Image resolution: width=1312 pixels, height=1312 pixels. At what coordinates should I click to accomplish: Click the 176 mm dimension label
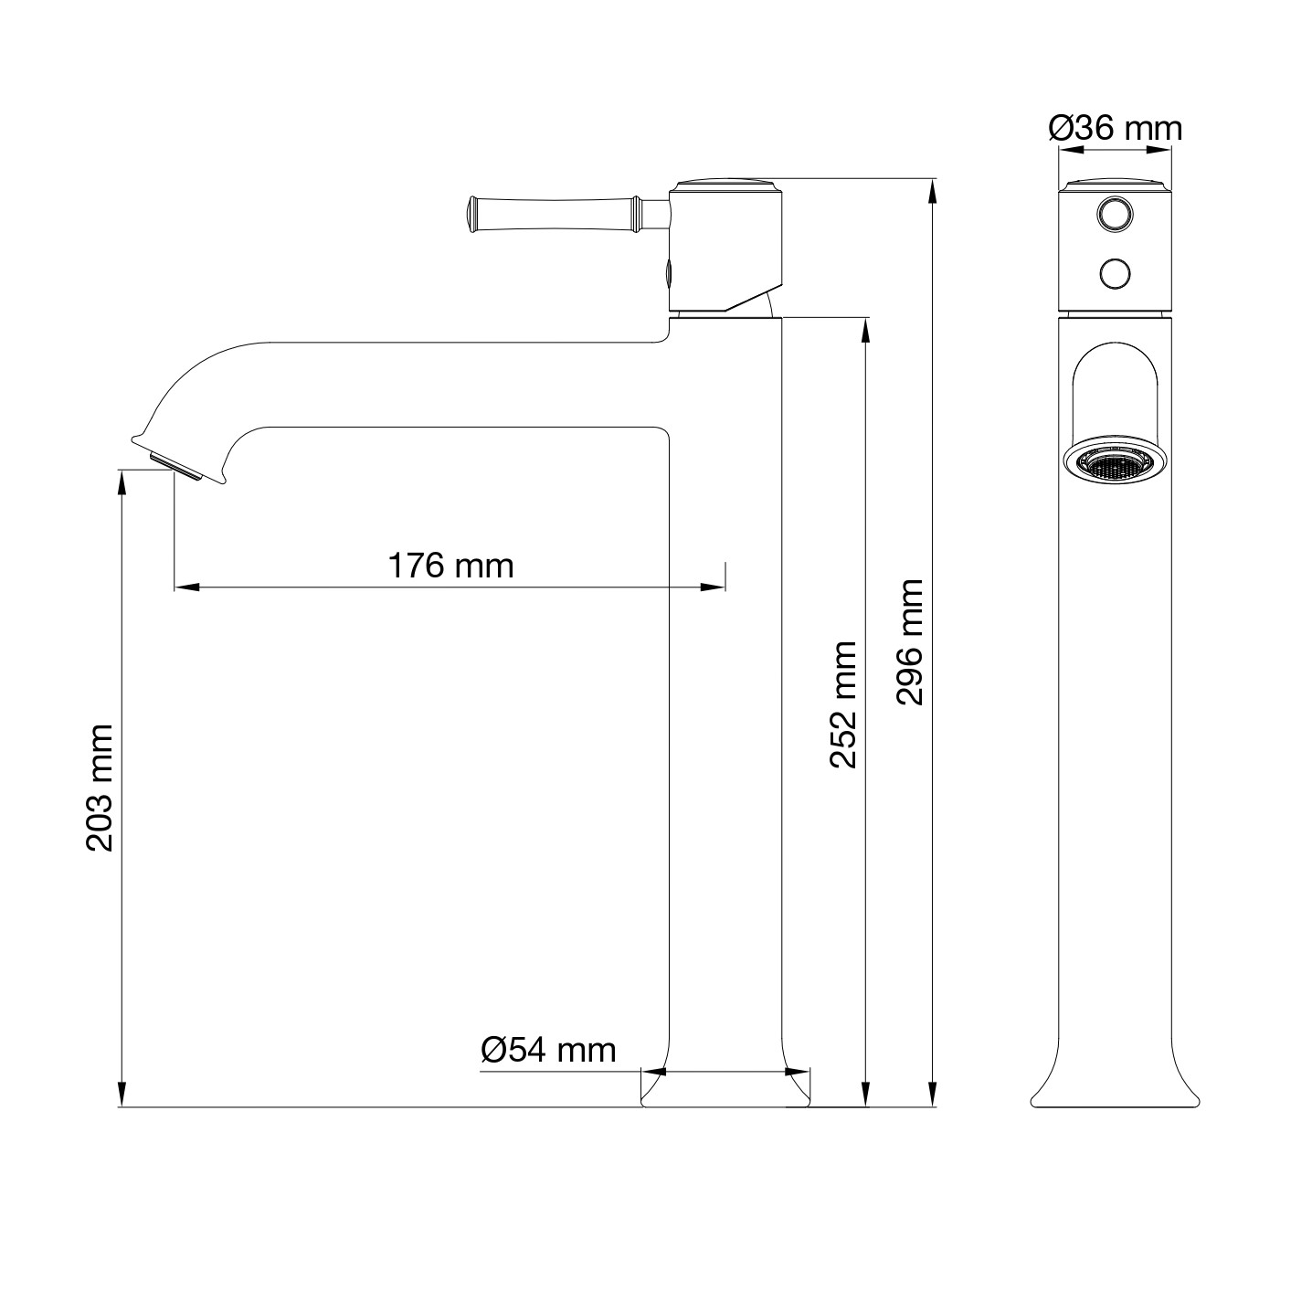click(450, 566)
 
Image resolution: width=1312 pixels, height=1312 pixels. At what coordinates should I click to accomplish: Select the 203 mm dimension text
click(100, 788)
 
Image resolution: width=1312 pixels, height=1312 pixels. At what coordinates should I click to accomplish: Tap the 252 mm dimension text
click(843, 704)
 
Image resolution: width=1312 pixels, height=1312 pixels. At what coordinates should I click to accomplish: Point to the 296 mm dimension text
click(910, 642)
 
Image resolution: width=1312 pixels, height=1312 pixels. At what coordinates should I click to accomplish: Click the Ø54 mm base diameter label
click(548, 1050)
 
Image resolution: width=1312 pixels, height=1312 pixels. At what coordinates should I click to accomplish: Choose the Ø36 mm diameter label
click(1116, 128)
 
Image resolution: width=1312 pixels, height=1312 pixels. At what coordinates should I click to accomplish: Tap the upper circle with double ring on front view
click(1115, 215)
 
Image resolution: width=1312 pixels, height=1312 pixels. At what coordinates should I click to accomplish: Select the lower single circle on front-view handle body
click(1115, 274)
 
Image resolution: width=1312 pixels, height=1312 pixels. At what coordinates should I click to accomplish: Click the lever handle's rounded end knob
click(472, 215)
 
